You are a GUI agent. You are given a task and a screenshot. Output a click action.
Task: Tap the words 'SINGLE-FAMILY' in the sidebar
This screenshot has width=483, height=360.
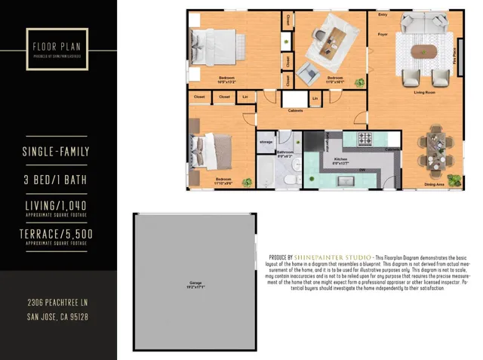click(x=57, y=152)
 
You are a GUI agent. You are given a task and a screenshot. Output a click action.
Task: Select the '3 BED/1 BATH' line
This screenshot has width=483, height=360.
click(x=57, y=180)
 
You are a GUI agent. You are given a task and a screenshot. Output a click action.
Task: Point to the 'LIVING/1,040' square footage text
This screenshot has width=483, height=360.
click(x=57, y=205)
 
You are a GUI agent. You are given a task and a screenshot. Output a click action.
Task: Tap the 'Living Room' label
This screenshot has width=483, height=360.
click(x=426, y=92)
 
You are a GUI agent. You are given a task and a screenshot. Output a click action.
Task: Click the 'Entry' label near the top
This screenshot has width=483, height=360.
click(x=383, y=14)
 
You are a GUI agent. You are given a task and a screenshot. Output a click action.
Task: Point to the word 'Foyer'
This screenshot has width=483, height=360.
click(x=383, y=34)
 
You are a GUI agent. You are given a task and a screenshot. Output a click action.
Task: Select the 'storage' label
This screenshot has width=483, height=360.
click(x=266, y=141)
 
